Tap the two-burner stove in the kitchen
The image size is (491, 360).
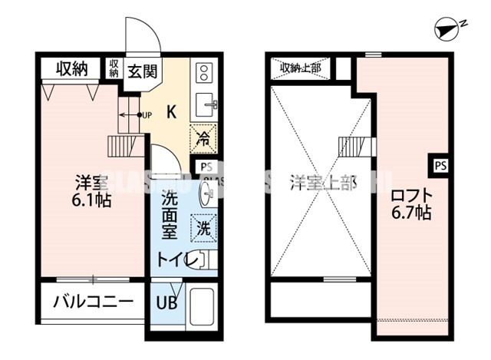pos(205,73)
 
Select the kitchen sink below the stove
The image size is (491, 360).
pos(205,104)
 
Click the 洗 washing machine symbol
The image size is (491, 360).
pos(204,227)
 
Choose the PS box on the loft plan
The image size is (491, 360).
pos(439,164)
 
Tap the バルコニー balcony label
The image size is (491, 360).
pos(92,301)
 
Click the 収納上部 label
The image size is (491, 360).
pos(300,68)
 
